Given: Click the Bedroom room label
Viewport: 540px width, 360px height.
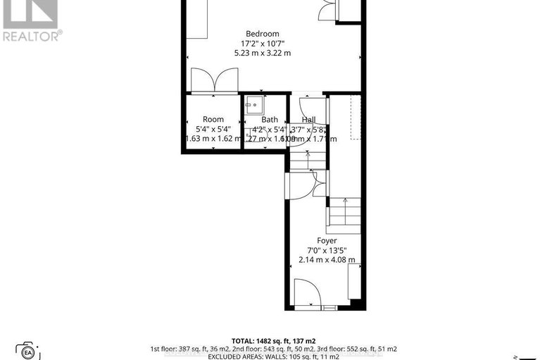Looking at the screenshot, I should (262, 34).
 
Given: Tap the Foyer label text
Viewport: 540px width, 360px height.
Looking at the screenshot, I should (326, 240).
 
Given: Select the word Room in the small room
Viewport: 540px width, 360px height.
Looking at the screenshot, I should (213, 120).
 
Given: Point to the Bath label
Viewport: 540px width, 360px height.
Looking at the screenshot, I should (270, 120).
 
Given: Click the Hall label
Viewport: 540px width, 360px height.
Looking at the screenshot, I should (309, 120).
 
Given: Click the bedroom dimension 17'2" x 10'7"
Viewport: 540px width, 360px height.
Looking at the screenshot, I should (262, 43).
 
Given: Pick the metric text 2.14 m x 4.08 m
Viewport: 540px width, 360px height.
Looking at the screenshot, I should (326, 259).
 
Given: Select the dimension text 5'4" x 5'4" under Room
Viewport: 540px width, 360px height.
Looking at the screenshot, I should (213, 130).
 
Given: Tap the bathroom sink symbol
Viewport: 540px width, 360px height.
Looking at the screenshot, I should (253, 106).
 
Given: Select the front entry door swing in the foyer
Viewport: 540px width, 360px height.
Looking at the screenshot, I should (306, 292).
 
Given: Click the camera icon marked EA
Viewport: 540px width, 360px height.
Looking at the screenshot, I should (28, 350).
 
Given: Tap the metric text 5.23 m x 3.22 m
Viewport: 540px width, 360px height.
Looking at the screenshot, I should (262, 53).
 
